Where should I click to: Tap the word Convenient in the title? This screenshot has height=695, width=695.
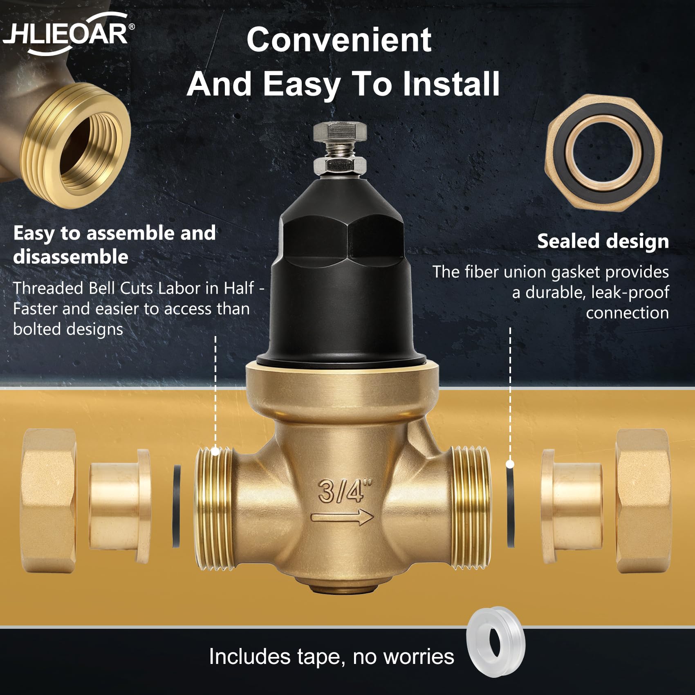[339, 40]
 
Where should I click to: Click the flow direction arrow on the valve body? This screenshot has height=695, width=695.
[342, 518]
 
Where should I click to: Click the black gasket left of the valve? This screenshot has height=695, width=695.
[176, 506]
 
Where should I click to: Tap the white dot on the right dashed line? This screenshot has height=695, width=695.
[510, 464]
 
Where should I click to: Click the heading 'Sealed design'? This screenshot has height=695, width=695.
[603, 241]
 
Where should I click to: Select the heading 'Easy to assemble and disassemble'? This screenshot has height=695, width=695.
[114, 245]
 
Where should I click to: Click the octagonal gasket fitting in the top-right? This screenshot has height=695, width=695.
[603, 152]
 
